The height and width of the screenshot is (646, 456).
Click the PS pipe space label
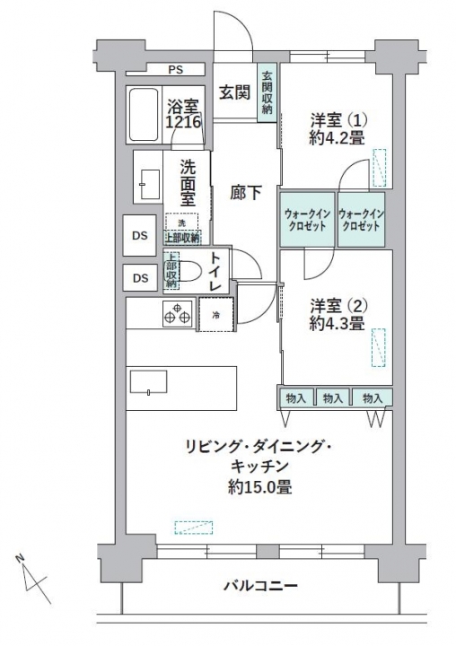pos(175,70)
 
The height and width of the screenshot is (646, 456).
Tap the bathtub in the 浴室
pos(144,115)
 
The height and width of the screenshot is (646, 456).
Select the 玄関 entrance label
pos(234,92)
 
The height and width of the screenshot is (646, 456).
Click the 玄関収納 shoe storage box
pos(267,92)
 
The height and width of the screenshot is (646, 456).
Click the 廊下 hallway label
pos(246,193)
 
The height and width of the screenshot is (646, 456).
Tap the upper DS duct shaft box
pos(140,235)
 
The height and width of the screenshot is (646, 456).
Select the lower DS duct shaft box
pos(140,278)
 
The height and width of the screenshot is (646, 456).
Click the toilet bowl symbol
pos(187,271)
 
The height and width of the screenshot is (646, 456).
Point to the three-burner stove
pos(178,313)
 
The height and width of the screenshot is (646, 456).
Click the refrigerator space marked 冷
pos(216,314)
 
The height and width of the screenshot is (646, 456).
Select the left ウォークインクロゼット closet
pos(307,220)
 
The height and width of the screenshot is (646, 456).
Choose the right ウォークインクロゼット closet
pos(361,220)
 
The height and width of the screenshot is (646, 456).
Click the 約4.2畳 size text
pos(337,137)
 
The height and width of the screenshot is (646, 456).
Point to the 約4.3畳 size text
pos(337,323)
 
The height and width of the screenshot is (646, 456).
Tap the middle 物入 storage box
pos(333,398)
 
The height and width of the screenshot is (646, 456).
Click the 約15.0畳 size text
pos(260,487)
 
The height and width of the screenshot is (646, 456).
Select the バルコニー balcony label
pos(260,585)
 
